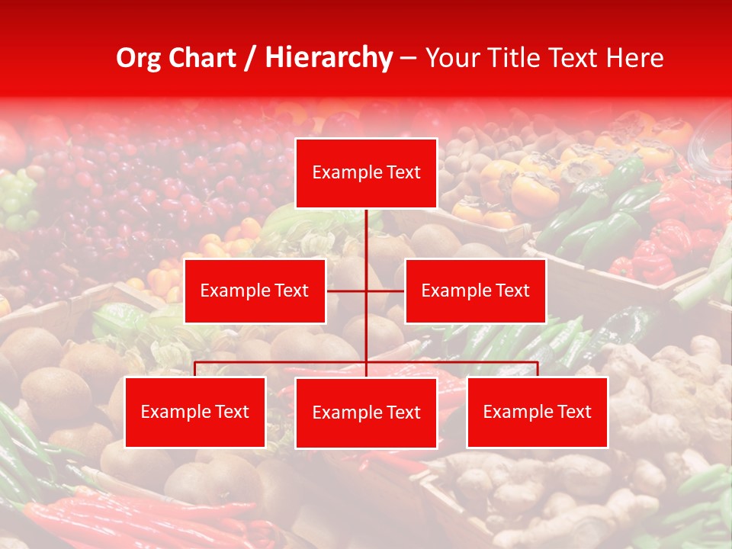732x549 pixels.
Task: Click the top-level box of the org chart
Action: point(366,173)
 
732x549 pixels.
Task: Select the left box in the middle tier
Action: point(255,291)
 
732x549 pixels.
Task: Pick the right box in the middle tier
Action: point(475,291)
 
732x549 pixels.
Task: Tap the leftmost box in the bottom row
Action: point(195,413)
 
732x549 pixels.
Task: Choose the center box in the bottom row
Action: point(366,413)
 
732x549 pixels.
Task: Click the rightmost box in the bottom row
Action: point(537,413)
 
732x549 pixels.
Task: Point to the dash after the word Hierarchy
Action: point(408,58)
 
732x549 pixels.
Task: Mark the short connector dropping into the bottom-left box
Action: point(195,369)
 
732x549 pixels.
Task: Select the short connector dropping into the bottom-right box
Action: point(537,369)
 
